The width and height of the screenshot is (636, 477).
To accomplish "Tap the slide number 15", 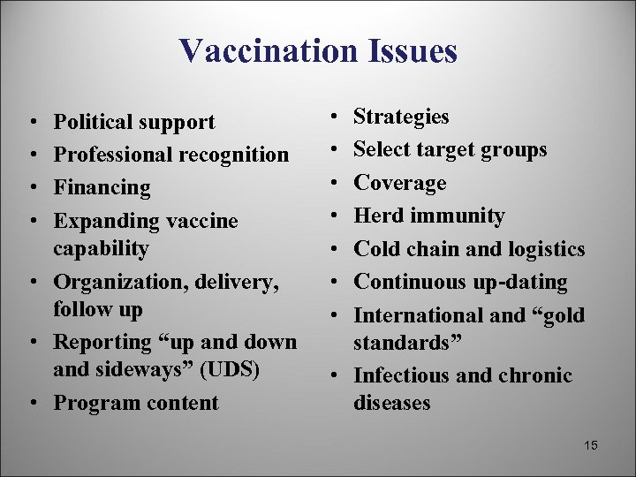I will [590, 445].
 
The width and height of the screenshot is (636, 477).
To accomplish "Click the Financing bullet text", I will [102, 187].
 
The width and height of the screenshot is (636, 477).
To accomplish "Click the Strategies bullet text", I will [401, 117].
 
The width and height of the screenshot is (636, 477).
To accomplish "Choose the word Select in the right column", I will [381, 149].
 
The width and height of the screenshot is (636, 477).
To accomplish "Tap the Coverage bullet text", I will [399, 183].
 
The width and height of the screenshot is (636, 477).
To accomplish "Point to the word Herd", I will [377, 216].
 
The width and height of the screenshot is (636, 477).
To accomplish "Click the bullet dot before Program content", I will [32, 403].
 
